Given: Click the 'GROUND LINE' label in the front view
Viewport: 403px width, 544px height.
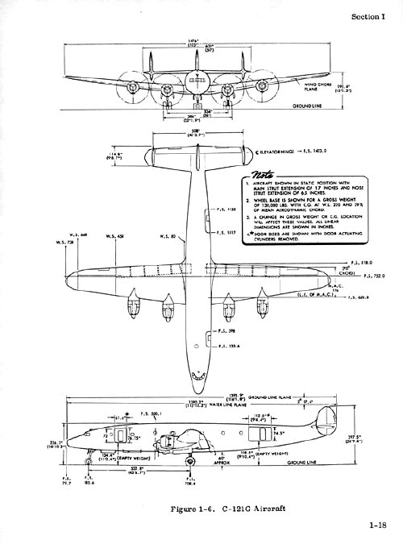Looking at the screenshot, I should pos(285,105).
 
